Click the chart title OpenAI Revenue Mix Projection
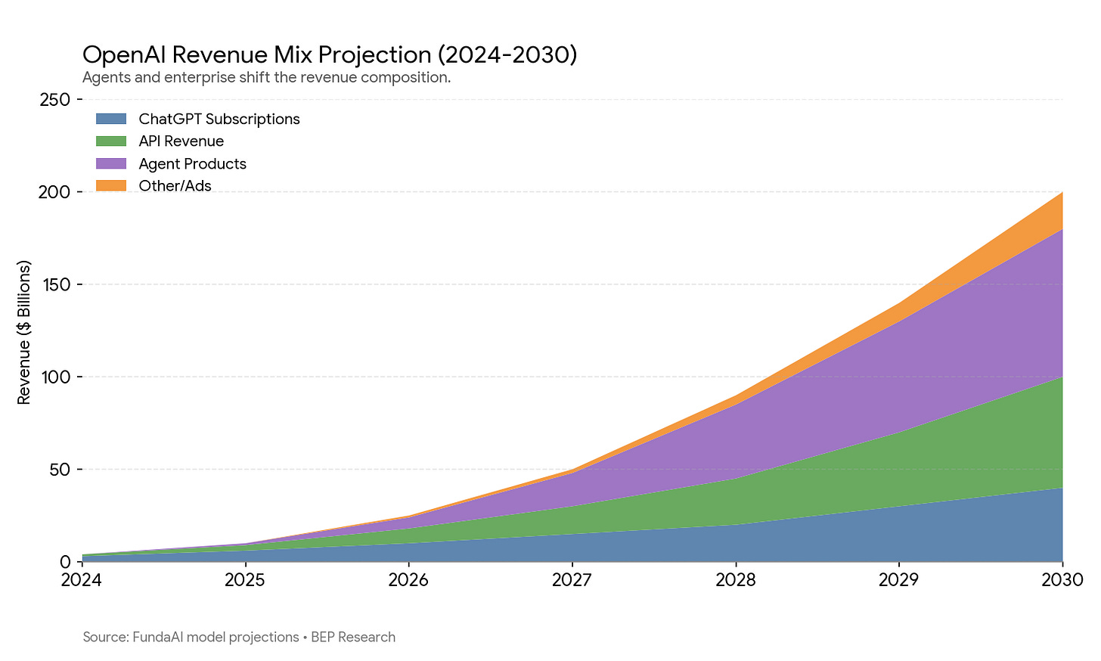[330, 55]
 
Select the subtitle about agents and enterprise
[266, 78]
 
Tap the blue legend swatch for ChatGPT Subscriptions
[111, 119]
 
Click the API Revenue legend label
[181, 141]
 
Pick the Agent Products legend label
[192, 163]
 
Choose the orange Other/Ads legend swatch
[111, 185]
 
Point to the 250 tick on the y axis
[54, 100]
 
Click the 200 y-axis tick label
[54, 192]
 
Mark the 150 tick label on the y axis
[55, 284]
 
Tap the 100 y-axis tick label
[55, 377]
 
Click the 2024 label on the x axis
[82, 580]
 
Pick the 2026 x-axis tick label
[408, 580]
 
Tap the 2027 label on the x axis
[572, 580]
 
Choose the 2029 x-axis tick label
[899, 580]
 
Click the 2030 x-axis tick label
[1062, 580]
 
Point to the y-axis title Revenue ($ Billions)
[24, 332]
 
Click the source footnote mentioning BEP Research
[239, 637]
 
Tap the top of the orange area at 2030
[1062, 192]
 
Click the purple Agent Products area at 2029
[899, 376]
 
